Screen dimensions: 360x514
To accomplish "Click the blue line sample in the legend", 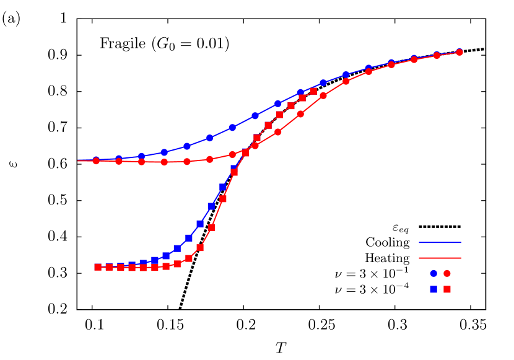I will click(440, 242).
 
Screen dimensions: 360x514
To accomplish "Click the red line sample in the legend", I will click(440, 258).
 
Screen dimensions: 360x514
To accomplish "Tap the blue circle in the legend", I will click(433, 273).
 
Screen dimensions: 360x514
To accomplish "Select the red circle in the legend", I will click(447, 273).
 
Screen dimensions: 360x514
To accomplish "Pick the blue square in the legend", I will click(433, 289).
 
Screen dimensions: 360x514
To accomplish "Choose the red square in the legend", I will click(447, 289).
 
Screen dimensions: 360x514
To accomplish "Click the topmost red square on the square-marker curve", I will click(313, 91).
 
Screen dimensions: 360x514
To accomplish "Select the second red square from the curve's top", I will click(302, 98).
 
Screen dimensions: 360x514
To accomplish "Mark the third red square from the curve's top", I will click(291, 106).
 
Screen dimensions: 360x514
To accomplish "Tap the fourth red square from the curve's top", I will click(280, 115).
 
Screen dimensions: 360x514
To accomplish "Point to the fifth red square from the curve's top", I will click(268, 125).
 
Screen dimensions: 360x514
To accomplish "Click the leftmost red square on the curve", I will click(98, 267).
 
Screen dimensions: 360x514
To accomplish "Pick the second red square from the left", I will click(109, 267).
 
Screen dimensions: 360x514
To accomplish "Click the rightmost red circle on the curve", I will click(460, 53).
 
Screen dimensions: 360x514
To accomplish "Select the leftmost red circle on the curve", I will click(96, 161).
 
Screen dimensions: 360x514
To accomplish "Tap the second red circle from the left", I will click(119, 161).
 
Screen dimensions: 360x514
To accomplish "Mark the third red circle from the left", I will click(142, 162).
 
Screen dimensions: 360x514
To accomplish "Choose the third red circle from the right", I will click(414, 59).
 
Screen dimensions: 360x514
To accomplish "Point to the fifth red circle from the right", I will click(368, 71).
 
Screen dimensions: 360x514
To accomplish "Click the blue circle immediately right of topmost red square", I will click(323, 82).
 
